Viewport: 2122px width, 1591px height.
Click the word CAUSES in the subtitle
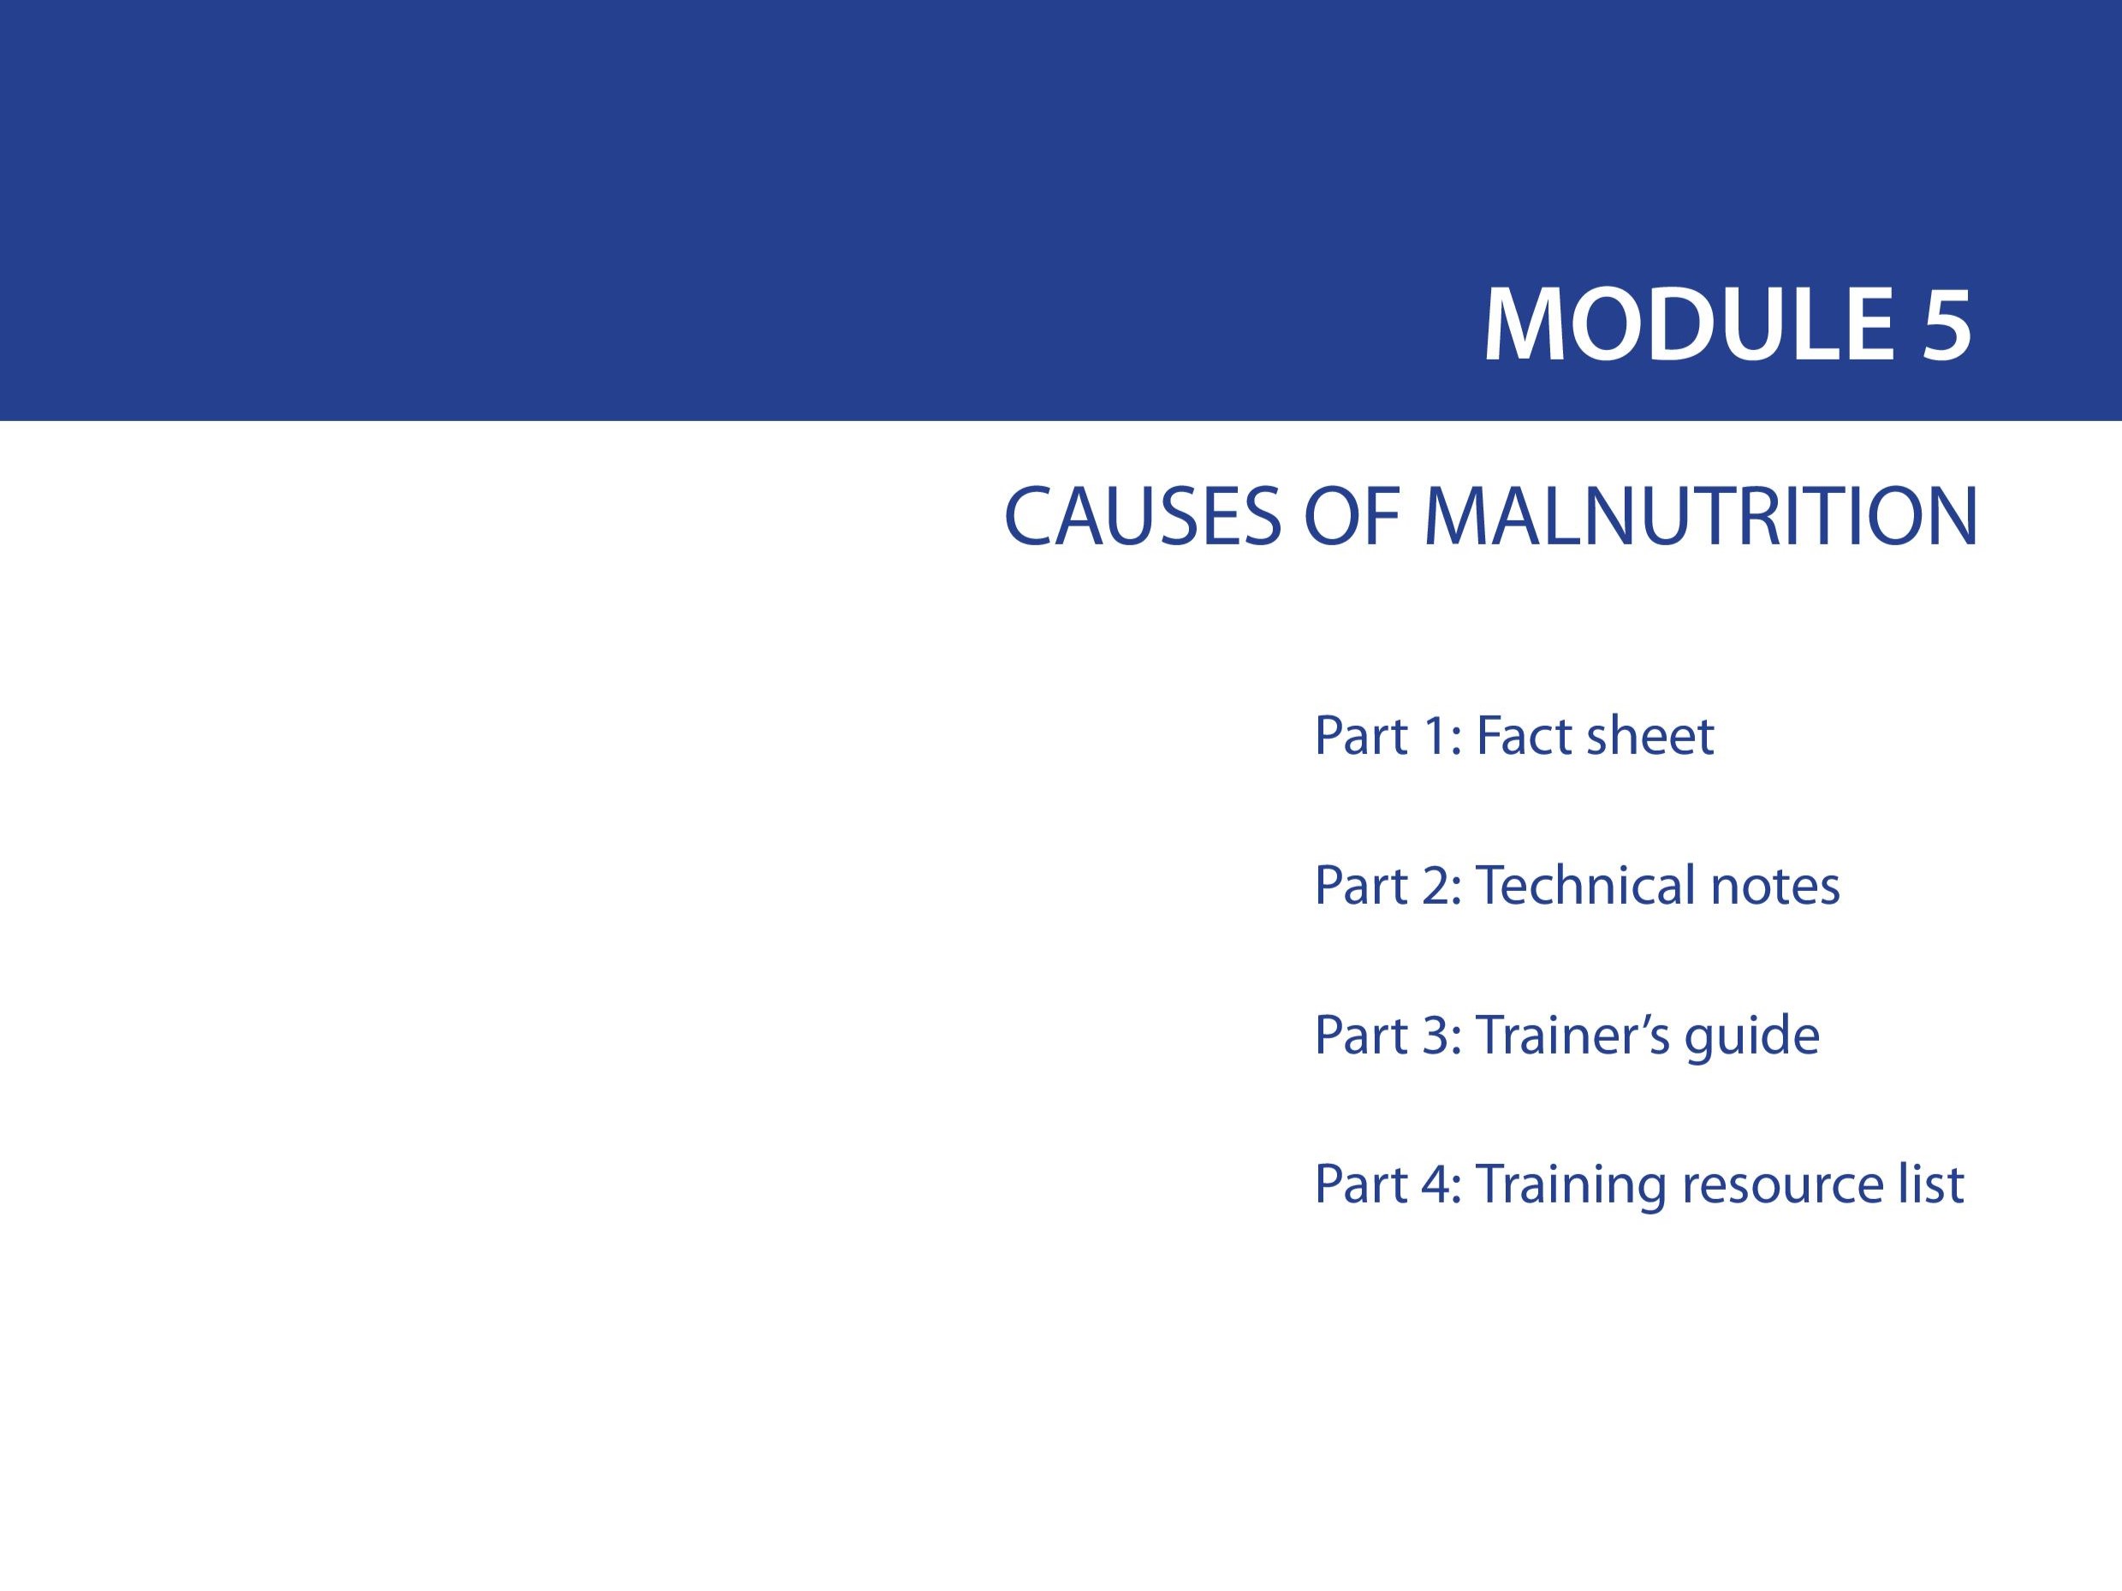pos(1143,517)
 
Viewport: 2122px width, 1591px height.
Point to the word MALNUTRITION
pos(1701,517)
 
